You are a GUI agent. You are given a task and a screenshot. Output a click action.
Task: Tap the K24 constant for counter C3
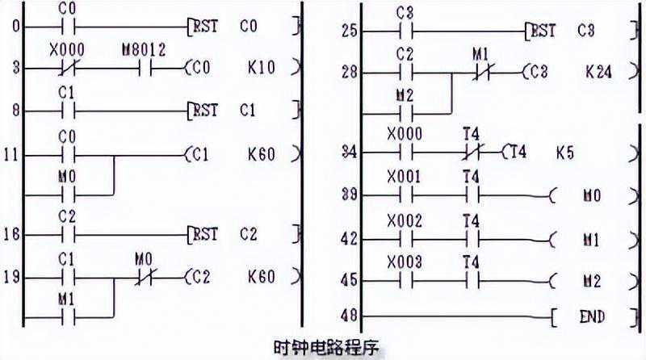598,72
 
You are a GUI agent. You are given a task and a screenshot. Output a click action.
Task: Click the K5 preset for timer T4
565,151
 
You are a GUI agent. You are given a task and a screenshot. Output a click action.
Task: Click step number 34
349,151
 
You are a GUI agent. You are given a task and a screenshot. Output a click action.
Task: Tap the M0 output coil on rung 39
593,195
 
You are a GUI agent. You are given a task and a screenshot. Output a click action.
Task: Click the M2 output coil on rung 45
593,281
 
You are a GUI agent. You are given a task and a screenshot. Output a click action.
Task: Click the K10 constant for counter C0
262,68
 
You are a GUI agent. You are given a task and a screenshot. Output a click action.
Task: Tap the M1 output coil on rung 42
593,239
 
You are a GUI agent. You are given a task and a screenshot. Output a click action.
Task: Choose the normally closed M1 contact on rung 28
481,72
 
